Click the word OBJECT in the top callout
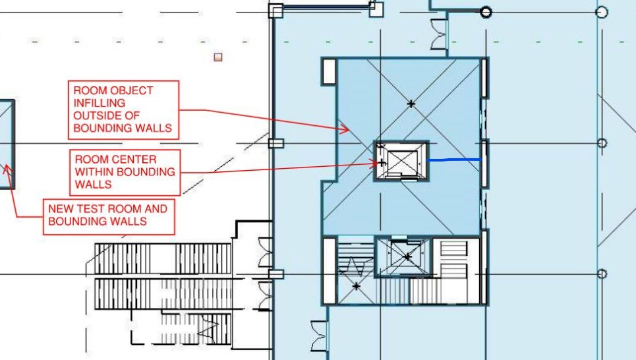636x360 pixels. tap(129, 90)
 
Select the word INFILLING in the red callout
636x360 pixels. tap(99, 103)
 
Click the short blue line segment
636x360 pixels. tap(454, 160)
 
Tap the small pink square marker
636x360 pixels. tap(218, 57)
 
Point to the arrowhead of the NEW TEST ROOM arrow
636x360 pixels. tap(8, 168)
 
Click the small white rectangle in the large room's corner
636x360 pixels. tap(330, 72)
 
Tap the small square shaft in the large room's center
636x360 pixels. tap(401, 160)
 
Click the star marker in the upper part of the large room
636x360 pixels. tap(412, 104)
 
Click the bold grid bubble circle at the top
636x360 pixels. tap(486, 12)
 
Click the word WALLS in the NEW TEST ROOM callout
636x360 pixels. tap(129, 222)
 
